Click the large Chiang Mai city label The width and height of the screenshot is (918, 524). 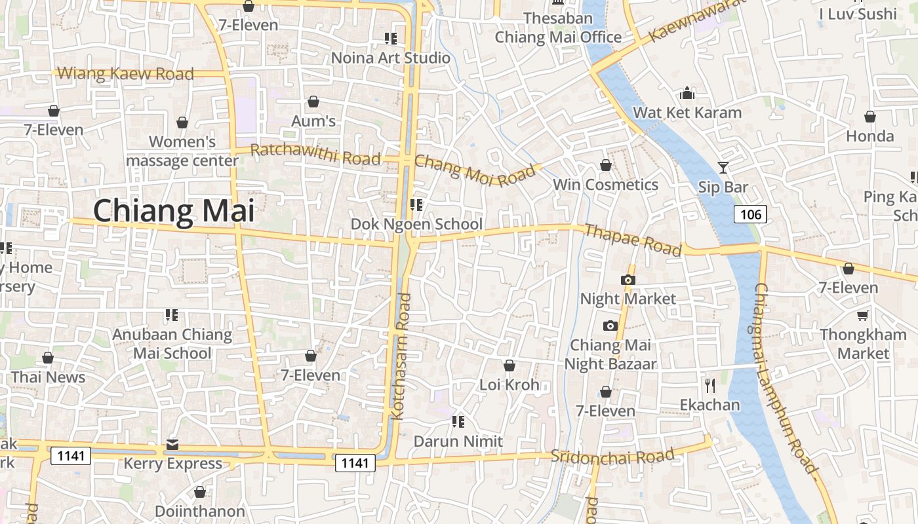[x=174, y=211]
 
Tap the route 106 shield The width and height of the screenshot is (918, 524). [x=750, y=214]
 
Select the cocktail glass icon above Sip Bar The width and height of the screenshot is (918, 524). [x=723, y=168]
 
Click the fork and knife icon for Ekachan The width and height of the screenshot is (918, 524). [x=709, y=385]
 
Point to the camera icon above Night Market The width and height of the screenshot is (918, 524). [x=628, y=280]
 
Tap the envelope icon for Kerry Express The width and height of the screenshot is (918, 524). [x=172, y=445]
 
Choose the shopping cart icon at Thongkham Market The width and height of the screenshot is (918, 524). [x=863, y=315]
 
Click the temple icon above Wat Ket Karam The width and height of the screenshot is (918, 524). [x=687, y=93]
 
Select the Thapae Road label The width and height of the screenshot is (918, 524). [x=633, y=240]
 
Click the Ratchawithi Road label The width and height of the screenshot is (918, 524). [x=315, y=155]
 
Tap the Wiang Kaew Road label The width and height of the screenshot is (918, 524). [x=125, y=73]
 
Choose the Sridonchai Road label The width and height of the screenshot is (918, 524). [x=612, y=456]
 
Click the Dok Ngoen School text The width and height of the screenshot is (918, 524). [x=416, y=224]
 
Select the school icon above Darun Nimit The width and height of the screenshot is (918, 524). [x=458, y=421]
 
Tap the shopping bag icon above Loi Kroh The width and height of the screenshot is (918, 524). [x=509, y=365]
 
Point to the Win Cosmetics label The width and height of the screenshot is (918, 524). [x=605, y=185]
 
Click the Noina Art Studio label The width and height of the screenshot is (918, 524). [x=391, y=58]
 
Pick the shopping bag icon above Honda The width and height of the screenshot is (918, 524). [x=870, y=117]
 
